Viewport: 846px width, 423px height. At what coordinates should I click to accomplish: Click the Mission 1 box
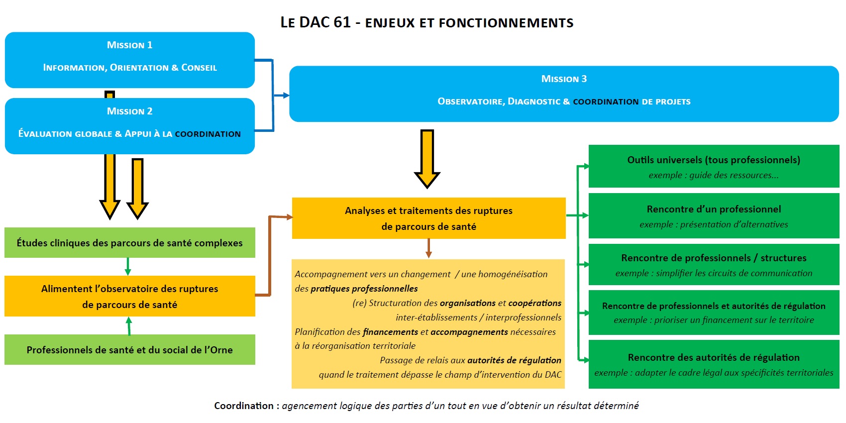point(129,60)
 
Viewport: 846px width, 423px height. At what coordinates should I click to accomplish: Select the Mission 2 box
point(129,126)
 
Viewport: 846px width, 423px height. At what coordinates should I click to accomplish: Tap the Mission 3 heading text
point(564,79)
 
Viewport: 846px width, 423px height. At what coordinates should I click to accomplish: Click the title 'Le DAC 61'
point(316,22)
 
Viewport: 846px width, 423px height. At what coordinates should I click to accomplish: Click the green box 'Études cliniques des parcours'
point(129,243)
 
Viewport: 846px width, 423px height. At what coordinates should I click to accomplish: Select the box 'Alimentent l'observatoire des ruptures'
point(129,296)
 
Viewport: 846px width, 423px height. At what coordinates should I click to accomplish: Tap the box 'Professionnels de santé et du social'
point(129,350)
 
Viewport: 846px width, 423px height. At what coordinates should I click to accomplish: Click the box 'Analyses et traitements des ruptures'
point(428,218)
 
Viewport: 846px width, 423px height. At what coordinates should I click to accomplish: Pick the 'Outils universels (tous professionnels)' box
point(714,166)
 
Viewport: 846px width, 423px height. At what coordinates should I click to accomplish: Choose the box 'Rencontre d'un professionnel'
point(714,216)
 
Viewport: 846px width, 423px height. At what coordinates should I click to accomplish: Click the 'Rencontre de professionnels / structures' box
point(714,265)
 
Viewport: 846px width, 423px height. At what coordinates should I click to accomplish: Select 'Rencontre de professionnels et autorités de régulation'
point(714,313)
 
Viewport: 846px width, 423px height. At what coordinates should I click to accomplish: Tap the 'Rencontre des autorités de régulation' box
point(714,364)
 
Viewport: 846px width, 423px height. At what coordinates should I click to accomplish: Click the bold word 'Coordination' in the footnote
point(244,406)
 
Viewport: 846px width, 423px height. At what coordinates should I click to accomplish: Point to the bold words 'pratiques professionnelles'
point(364,289)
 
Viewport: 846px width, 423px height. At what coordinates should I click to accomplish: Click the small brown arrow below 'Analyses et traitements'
point(428,248)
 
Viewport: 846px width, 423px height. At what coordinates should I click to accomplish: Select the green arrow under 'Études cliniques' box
point(128,267)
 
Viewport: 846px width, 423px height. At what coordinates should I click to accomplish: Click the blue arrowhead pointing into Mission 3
point(285,95)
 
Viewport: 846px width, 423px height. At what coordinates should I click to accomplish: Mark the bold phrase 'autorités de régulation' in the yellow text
point(514,360)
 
